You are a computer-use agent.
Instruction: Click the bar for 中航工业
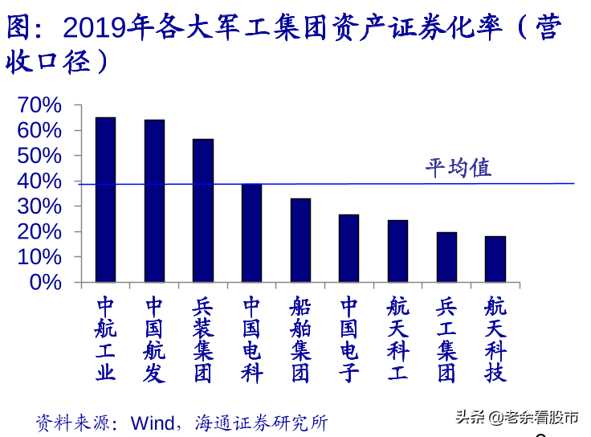coord(105,200)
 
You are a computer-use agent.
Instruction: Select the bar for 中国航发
coord(154,201)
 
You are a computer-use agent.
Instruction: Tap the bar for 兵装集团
coord(203,210)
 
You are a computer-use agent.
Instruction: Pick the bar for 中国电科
coord(252,233)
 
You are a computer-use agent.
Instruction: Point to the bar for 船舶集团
coord(301,240)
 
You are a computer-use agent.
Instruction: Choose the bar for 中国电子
coord(349,248)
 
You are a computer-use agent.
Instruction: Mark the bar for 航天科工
coord(398,251)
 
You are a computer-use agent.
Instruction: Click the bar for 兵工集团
coord(446,257)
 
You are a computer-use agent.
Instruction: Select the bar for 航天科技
coord(495,259)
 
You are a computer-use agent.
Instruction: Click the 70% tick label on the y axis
coord(39,104)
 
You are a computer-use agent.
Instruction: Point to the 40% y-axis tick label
coord(39,182)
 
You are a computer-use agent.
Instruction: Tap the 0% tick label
coord(46,283)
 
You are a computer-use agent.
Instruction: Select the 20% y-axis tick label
coord(39,232)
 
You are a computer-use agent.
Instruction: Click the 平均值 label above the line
coord(459,168)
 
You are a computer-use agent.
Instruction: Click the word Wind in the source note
coord(153,423)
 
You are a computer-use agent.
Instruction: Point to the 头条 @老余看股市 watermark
coord(517,418)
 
